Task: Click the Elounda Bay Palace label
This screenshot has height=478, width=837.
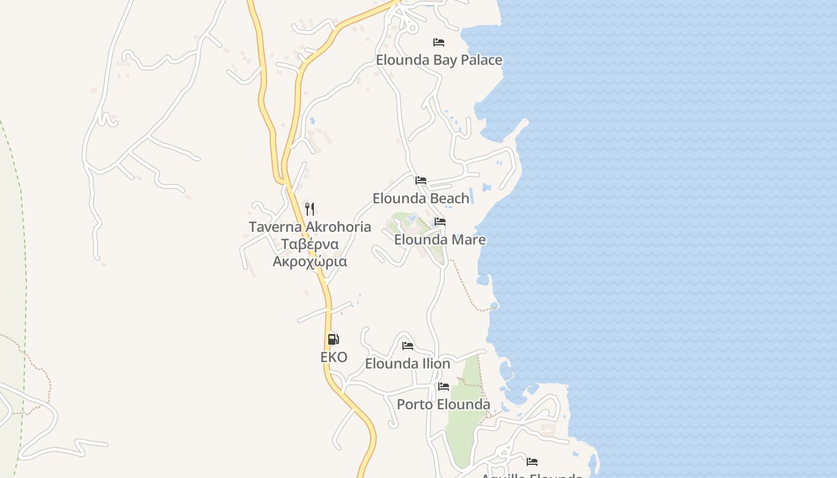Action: [x=439, y=60]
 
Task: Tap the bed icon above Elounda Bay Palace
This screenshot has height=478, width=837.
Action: [x=439, y=42]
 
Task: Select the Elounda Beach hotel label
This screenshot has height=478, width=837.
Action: [x=421, y=198]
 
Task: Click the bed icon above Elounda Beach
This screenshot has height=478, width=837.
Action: [x=421, y=180]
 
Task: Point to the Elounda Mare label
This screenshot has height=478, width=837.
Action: [x=439, y=240]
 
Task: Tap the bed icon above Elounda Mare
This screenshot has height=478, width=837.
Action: [x=440, y=222]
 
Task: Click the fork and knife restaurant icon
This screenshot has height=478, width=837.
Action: [x=310, y=209]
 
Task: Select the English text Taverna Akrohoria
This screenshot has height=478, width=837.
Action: [x=310, y=227]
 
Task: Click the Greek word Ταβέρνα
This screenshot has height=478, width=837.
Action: [x=310, y=244]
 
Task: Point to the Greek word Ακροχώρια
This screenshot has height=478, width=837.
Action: [x=310, y=262]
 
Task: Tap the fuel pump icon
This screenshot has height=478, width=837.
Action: [x=334, y=339]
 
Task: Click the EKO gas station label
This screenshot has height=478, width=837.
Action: [x=334, y=357]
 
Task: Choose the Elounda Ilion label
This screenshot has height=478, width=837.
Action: [x=408, y=363]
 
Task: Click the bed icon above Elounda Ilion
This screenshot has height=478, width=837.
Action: [x=408, y=345]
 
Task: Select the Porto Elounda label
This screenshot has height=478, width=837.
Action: [x=444, y=405]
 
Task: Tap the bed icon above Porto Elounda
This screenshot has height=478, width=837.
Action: [x=444, y=387]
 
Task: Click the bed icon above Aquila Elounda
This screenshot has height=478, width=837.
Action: [x=532, y=461]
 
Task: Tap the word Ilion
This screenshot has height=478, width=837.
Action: [x=436, y=363]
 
